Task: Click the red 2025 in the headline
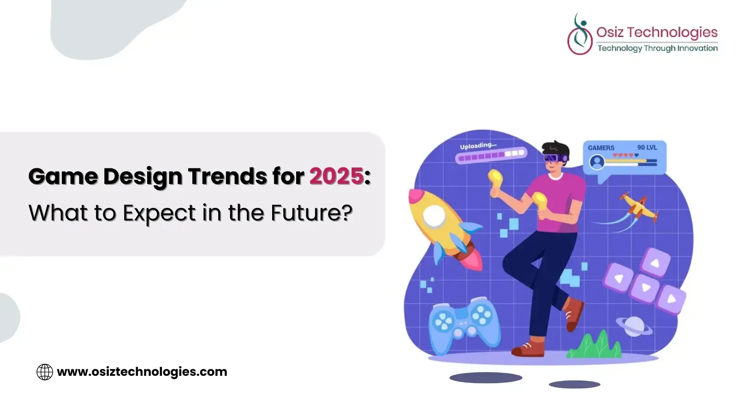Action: coord(336,176)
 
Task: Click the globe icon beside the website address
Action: coord(45,372)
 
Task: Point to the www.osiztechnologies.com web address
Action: coord(142,372)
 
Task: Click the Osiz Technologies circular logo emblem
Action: coord(580,34)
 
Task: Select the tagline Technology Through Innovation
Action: coord(658,48)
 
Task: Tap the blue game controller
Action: coord(464,326)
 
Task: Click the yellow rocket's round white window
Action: coord(434,216)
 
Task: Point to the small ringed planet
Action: coord(634,326)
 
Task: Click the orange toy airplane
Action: coord(638,207)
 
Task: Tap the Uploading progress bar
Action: coord(491,155)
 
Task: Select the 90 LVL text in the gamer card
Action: coord(647,148)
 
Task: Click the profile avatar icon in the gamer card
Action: coord(597,162)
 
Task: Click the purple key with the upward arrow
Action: coord(655,263)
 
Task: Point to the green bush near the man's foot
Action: coord(595,345)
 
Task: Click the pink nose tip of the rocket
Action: coord(416,196)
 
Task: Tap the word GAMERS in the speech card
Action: coord(601,148)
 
